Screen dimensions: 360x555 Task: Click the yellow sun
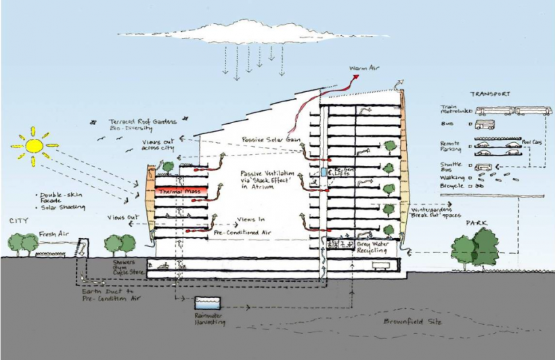[x=33, y=145]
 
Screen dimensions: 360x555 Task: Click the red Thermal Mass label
[x=175, y=192]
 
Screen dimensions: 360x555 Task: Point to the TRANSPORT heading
[x=490, y=94]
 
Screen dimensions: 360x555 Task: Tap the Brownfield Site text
[x=412, y=321]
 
